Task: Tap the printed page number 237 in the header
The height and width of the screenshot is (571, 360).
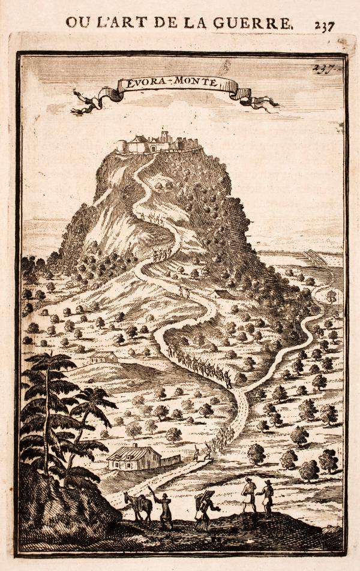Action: tap(324, 25)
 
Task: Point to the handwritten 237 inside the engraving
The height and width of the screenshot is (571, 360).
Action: tap(326, 67)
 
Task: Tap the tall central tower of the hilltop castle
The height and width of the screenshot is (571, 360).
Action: tap(165, 137)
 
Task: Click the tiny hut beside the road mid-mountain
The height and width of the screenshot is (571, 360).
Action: tap(220, 293)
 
